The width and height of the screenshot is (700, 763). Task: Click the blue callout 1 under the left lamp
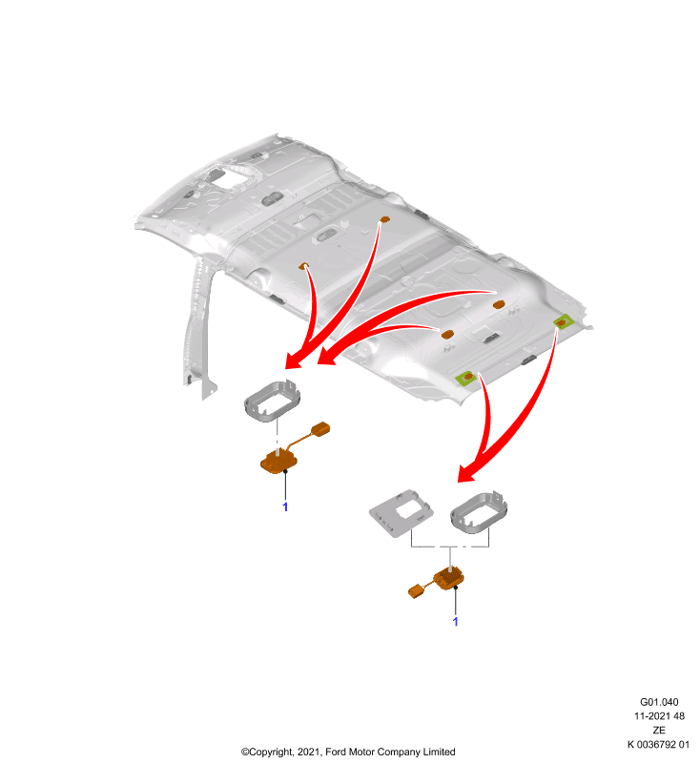tap(285, 507)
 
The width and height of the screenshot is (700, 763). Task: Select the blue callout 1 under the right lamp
tap(455, 622)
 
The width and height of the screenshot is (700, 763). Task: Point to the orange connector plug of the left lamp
tap(320, 428)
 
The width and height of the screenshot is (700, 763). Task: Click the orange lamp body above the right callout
tap(449, 578)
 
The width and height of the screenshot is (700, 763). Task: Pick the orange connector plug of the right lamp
tap(416, 591)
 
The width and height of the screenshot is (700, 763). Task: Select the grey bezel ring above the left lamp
tap(272, 401)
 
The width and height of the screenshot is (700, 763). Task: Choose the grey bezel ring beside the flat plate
tap(479, 512)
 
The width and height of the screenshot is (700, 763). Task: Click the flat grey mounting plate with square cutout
tap(401, 513)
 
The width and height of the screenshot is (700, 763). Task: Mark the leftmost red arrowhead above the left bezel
tap(294, 361)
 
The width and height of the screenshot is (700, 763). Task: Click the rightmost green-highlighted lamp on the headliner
tap(563, 321)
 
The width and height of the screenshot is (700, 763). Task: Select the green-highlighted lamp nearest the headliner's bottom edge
tap(465, 378)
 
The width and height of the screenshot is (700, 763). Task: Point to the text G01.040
tap(659, 702)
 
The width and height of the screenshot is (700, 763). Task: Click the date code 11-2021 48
tap(659, 716)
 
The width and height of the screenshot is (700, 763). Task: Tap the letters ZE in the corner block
tap(659, 730)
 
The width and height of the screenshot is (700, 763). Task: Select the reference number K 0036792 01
tap(658, 744)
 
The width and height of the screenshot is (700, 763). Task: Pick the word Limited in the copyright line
tap(439, 752)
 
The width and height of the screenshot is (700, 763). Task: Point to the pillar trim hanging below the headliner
tap(198, 327)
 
